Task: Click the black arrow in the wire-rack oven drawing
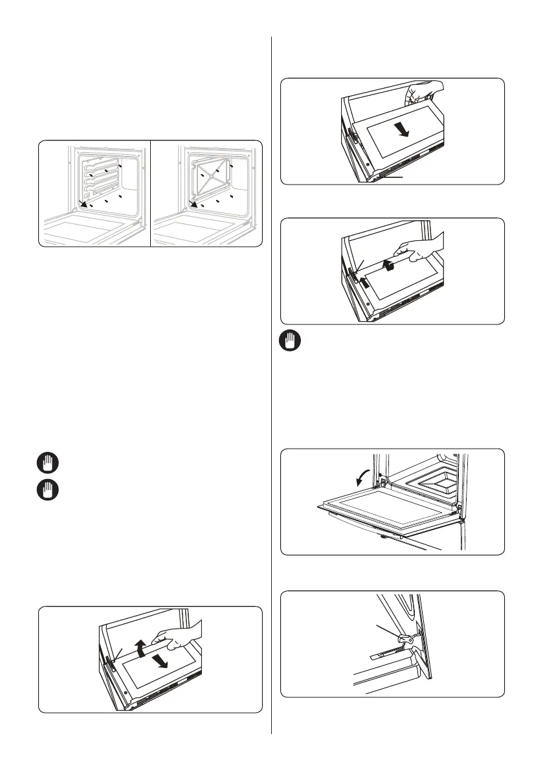pyautogui.click(x=82, y=205)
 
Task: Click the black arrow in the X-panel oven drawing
pyautogui.click(x=192, y=205)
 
